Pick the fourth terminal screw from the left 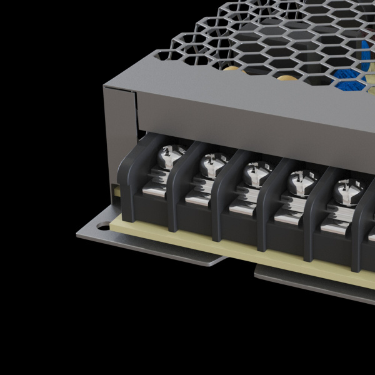click(297, 183)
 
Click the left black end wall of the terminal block click(127, 181)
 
